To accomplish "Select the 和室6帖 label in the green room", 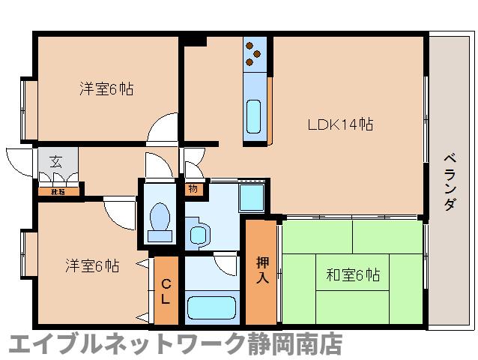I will point(352,275).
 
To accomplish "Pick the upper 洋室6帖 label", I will point(107,88).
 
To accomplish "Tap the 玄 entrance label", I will point(56,160).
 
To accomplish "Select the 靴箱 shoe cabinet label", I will point(57,191).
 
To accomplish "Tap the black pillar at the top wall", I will point(196,40).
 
